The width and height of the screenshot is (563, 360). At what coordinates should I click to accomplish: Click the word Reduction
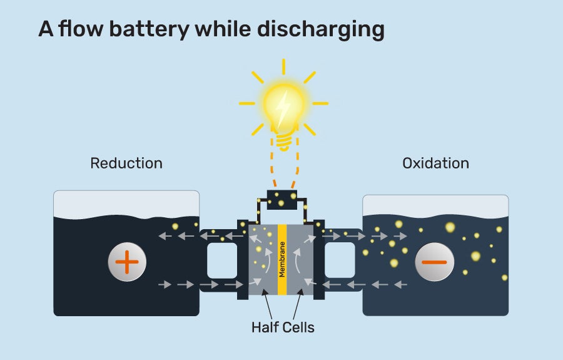tap(126, 163)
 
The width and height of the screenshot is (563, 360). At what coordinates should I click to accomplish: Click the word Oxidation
tap(435, 163)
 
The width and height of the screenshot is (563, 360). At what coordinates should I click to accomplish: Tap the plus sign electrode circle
tap(126, 262)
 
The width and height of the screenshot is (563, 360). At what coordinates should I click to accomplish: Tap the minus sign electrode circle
tap(434, 262)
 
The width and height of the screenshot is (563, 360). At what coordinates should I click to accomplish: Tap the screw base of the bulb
tap(284, 142)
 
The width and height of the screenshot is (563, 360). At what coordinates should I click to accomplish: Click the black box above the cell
tap(283, 198)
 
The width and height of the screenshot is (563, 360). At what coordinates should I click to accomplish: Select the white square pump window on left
tap(222, 260)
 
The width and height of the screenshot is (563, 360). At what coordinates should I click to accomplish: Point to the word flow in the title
tap(78, 29)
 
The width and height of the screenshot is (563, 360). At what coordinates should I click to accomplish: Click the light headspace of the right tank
tap(435, 205)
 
